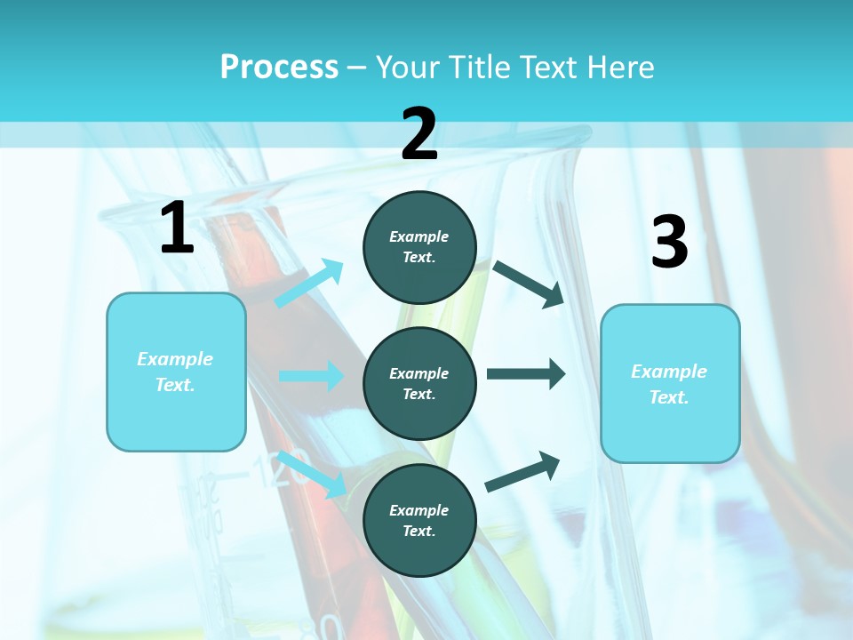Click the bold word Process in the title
(279, 68)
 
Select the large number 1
(177, 229)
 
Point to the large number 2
(419, 135)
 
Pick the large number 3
(669, 243)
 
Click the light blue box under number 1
(176, 372)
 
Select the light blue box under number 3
(670, 383)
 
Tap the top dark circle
(419, 247)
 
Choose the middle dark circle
(419, 383)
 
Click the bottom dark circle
(419, 520)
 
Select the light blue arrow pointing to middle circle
(311, 376)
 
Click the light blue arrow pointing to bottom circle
(312, 474)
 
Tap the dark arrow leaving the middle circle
(526, 374)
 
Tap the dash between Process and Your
(357, 68)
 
